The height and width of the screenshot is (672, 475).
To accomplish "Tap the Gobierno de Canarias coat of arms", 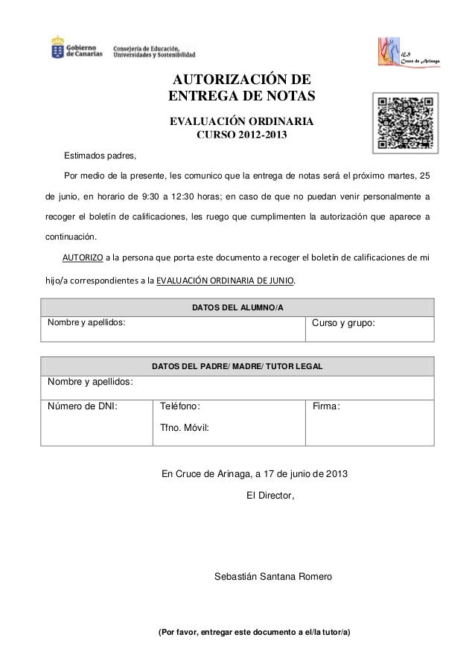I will click(57, 45).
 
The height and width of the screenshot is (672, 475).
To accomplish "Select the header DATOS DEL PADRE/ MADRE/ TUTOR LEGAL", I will click(237, 367).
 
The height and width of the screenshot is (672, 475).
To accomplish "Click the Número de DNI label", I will click(82, 406).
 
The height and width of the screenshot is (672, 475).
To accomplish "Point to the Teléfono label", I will click(180, 406).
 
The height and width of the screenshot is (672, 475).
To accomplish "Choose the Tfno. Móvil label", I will click(185, 429).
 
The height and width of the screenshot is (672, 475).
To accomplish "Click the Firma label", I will click(327, 406).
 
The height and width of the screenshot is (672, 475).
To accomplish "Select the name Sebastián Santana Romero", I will click(272, 577).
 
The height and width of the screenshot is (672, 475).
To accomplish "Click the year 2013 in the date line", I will click(336, 474).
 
